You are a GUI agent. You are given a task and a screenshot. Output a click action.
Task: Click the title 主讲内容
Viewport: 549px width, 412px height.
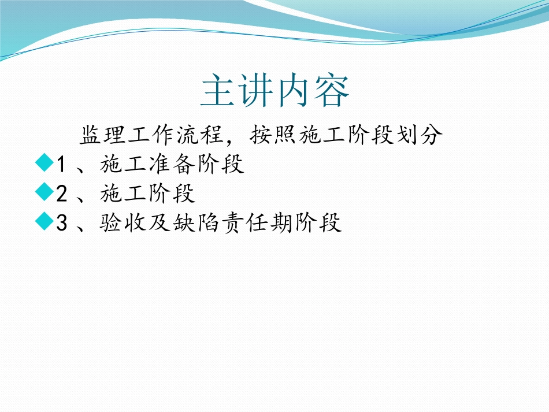coord(274,91)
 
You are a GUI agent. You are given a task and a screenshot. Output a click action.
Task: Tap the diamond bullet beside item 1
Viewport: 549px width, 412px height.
coord(44,163)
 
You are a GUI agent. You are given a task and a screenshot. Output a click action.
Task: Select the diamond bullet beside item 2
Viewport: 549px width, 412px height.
coord(44,192)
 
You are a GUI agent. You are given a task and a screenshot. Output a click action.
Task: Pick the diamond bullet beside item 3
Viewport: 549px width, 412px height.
coord(44,222)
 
